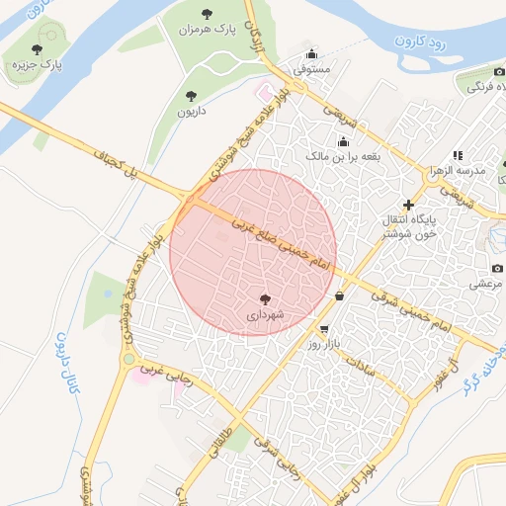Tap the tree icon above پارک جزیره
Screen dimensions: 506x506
(x=37, y=48)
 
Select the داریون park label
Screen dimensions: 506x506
(x=191, y=113)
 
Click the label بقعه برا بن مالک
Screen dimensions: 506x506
(x=343, y=156)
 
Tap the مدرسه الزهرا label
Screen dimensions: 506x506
(x=458, y=171)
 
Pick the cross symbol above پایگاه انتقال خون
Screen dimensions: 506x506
(x=409, y=205)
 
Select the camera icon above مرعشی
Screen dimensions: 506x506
(x=497, y=268)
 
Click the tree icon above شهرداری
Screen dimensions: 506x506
(x=266, y=298)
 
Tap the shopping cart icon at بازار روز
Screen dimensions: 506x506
(x=324, y=329)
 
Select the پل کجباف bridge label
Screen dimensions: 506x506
(x=116, y=164)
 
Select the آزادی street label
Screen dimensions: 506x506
(x=254, y=40)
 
